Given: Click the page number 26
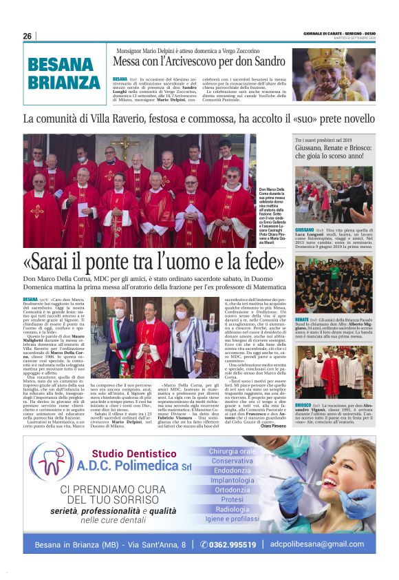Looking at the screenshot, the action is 27,36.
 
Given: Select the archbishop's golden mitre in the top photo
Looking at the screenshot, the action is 316,57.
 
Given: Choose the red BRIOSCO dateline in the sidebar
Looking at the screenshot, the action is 303,406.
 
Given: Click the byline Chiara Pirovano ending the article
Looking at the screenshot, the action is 274,426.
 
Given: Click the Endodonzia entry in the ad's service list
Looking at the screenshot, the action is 232,470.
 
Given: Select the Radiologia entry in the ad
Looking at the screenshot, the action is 232,509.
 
